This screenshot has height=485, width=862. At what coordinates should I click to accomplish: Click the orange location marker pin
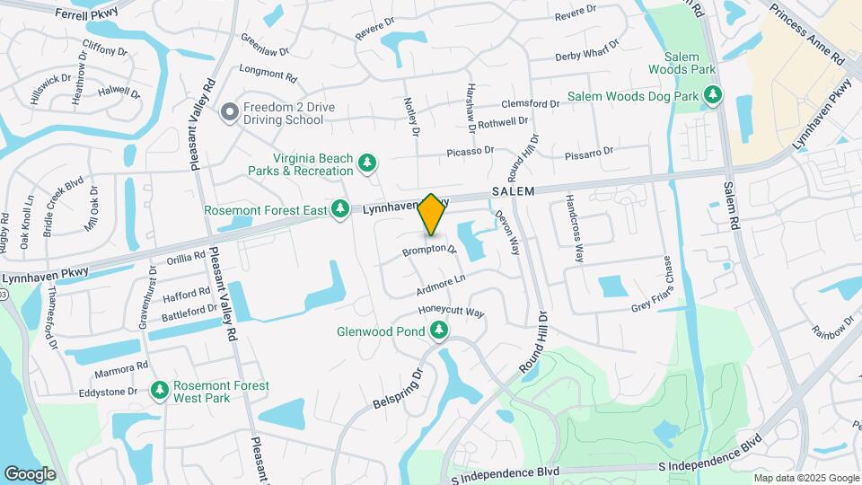[431, 215]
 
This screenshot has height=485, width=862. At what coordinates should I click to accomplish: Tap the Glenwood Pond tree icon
[439, 331]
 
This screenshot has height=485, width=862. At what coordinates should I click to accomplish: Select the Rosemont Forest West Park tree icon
[160, 391]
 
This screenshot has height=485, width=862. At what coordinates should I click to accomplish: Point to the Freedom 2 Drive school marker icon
[230, 113]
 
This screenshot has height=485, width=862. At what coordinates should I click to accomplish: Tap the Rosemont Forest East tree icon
[339, 209]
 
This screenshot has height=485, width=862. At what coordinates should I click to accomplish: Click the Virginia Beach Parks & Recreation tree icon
[366, 163]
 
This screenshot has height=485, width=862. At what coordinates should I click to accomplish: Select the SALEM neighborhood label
[514, 192]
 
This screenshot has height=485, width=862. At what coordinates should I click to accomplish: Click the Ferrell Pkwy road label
[86, 13]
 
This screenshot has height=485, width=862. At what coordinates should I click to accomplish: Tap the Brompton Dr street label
[429, 249]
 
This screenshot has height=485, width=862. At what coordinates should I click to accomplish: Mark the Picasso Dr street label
[471, 153]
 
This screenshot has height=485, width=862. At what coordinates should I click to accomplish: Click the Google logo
[30, 473]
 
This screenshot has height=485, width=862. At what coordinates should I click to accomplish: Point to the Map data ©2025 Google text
[806, 478]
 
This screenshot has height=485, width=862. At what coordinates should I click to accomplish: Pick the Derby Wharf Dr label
[587, 50]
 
